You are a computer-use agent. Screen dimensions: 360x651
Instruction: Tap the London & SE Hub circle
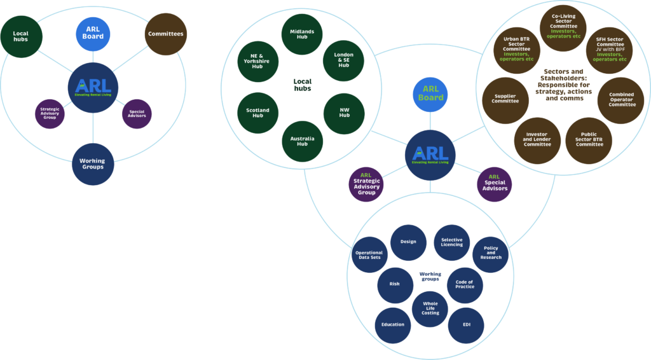tap(343, 60)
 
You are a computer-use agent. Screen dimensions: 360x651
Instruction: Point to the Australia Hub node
tap(302, 139)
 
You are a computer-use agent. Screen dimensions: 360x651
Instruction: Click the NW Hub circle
tap(344, 113)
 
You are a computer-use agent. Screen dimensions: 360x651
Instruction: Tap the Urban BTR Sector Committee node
tap(516, 50)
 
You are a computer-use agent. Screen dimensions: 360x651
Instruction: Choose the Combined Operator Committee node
tap(622, 99)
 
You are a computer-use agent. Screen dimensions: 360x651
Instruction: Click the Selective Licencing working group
tap(451, 242)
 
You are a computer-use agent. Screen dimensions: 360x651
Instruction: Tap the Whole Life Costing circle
tap(430, 308)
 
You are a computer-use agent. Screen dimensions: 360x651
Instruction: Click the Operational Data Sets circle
tap(369, 256)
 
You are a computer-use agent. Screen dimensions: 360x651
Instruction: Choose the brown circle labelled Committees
tap(165, 34)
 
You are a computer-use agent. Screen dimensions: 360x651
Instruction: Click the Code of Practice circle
tap(464, 284)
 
